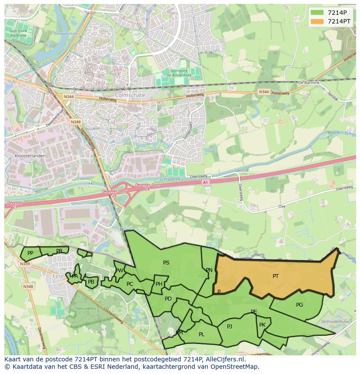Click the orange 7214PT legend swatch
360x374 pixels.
point(317,21)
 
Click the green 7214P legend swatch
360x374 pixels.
point(317,13)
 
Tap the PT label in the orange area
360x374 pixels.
point(276,276)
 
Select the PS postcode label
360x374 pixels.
point(166,263)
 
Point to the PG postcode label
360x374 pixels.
point(300,305)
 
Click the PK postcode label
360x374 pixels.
point(262,325)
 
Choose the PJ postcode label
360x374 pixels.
point(230,327)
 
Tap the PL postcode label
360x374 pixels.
point(201,334)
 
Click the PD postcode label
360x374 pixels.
point(168,299)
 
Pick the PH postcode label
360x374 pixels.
point(159,285)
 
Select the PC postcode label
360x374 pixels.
point(130,285)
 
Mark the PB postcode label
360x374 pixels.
point(91,282)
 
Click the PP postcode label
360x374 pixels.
point(30,253)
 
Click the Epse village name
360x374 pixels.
point(58,276)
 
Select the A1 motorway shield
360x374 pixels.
point(206,183)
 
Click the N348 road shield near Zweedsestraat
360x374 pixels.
point(76,122)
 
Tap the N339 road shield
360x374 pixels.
point(25,264)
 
